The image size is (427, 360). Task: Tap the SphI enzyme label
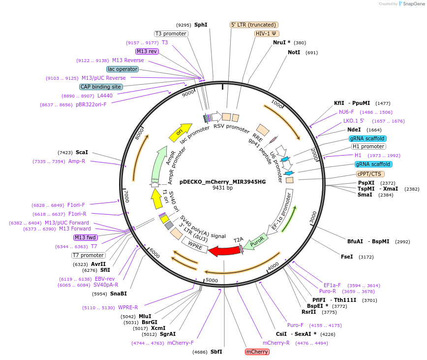coord(201,25)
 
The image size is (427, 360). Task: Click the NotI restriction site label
coord(294,52)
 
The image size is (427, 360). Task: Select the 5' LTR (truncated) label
coord(254,25)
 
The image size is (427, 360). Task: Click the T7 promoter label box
coord(89,255)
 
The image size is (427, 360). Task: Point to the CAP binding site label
coord(101,87)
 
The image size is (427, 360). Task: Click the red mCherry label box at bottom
coord(257,352)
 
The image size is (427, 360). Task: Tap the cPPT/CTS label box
coord(370,174)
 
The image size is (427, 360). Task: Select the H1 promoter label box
coord(368,146)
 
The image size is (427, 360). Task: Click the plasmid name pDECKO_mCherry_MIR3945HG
coord(222,182)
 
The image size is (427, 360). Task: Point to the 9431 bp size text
coord(222,188)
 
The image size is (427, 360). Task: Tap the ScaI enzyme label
coord(82,153)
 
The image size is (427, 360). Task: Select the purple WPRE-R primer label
coord(128,308)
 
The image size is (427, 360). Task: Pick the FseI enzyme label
coord(347,257)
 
